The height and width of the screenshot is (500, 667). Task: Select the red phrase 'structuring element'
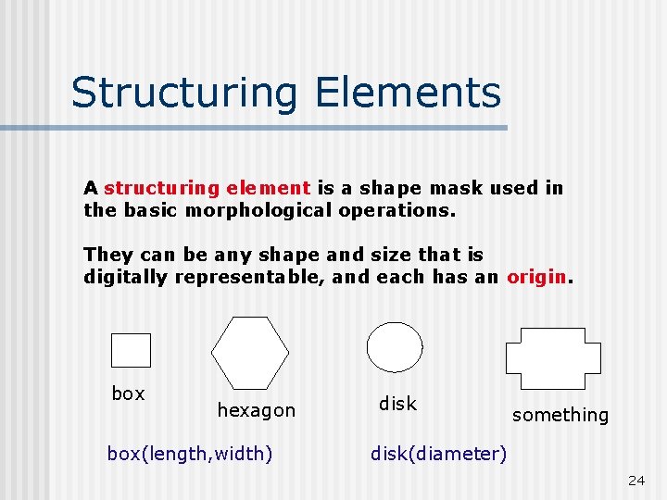207,188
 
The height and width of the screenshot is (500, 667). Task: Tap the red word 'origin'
536,277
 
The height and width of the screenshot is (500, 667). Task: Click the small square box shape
131,350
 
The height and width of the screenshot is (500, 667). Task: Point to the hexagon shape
250,353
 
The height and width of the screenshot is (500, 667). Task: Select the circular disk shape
395,347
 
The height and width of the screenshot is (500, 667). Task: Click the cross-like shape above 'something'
552,358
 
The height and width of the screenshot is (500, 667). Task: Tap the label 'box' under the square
128,394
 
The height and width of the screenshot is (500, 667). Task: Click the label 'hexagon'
256,410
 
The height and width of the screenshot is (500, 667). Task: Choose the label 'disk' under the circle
397,404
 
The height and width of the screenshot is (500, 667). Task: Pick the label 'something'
560,416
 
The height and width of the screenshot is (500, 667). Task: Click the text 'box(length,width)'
190,454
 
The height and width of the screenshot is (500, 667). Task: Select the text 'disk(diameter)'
438,454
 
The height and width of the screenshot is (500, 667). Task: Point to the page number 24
636,481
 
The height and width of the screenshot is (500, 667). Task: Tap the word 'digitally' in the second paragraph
124,277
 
